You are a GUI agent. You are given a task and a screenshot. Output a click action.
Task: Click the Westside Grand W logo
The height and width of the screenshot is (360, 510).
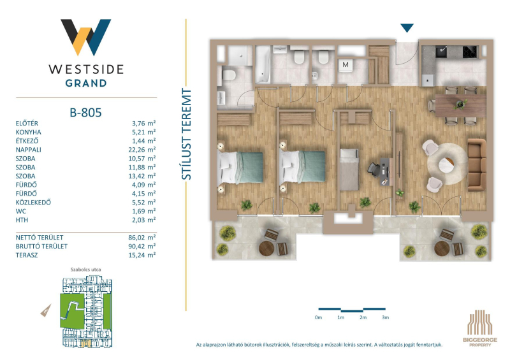click(85, 37)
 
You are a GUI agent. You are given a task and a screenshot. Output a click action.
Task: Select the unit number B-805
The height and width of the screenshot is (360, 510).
click(85, 113)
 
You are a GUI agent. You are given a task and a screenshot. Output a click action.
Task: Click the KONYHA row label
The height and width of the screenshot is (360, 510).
click(28, 132)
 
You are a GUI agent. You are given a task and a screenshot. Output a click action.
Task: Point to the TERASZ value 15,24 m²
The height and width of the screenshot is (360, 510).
click(142, 255)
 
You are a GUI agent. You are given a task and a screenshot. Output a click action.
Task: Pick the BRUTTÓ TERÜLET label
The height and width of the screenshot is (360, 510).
click(41, 246)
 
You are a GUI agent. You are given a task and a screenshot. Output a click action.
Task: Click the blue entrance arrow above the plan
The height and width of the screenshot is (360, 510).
click(407, 27)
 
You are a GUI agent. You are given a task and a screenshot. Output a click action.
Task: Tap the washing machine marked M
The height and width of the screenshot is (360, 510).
click(346, 65)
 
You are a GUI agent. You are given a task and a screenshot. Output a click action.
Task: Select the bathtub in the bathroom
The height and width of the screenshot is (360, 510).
click(263, 64)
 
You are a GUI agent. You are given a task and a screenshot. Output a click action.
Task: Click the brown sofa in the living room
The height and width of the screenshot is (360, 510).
click(477, 164)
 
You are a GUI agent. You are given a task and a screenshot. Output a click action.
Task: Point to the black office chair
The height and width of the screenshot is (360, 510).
click(374, 169)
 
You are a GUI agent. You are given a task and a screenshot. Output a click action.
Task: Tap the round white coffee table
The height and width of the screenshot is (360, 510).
click(448, 165)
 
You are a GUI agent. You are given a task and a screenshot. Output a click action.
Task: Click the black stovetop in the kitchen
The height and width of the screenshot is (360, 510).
click(470, 52)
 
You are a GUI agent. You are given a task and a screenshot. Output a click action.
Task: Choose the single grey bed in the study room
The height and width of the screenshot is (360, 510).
click(349, 169)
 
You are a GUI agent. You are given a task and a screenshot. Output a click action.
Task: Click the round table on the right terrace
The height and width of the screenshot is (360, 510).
click(442, 248)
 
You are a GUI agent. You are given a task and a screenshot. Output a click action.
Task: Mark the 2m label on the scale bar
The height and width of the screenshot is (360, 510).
click(363, 317)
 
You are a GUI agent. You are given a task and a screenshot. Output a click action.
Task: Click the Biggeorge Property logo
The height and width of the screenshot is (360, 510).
click(480, 328)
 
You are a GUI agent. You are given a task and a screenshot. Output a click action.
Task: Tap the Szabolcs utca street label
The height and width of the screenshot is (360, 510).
click(85, 270)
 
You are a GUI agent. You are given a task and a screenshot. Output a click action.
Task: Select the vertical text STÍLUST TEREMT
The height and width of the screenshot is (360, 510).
click(186, 134)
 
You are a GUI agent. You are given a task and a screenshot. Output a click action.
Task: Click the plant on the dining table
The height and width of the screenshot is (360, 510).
click(460, 104)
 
